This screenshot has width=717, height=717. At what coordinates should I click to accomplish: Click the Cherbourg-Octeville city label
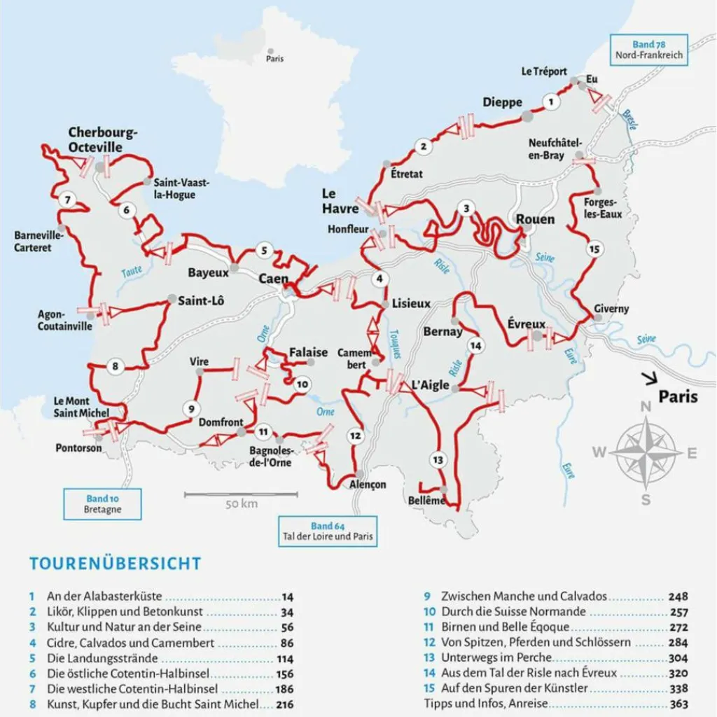coord(103,140)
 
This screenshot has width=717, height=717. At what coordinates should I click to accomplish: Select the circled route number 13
coord(438,460)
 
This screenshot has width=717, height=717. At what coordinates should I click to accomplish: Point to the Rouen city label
coord(535,219)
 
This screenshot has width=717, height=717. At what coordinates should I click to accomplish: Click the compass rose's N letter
coord(646,406)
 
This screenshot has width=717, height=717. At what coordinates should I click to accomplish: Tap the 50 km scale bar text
coord(242,504)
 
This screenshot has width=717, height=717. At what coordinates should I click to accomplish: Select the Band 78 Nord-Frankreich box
coord(648,50)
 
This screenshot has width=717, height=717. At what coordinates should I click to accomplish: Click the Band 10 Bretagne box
coord(102,504)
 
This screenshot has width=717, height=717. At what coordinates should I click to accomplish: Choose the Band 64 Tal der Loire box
coord(328,531)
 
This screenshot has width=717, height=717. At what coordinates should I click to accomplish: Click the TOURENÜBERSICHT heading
coord(115,564)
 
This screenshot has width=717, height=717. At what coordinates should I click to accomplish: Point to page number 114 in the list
coord(284,659)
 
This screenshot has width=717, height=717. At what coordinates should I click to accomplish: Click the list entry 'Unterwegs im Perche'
coord(496,657)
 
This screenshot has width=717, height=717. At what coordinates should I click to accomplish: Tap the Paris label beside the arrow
coord(678,397)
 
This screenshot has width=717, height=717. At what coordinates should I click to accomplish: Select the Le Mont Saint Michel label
coord(82,407)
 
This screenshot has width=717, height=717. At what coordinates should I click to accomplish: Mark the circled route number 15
coord(594,249)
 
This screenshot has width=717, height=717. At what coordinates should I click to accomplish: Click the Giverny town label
coord(611,309)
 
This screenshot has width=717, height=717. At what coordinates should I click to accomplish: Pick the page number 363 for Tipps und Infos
coord(678,704)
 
